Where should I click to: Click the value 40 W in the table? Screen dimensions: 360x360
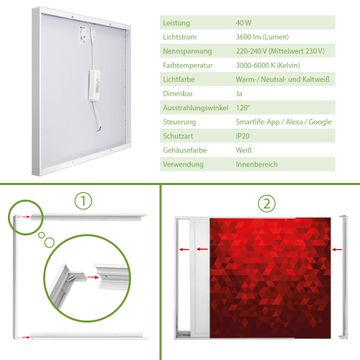tap(244, 23)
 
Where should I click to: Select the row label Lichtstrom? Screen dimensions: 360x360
tap(180, 37)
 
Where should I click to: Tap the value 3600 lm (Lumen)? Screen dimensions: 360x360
tap(262, 37)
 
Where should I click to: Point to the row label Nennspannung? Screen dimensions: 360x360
tap(187, 51)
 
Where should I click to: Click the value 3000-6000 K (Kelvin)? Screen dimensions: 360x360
tap(268, 65)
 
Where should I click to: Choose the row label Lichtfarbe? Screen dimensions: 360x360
tap(179, 80)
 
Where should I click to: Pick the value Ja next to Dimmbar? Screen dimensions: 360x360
tap(239, 94)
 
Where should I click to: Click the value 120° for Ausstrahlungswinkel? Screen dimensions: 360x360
tap(243, 108)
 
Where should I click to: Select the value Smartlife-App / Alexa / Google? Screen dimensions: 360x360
tap(284, 122)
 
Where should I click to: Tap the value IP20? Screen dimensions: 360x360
tap(243, 136)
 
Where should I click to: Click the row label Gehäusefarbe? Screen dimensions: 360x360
tap(185, 150)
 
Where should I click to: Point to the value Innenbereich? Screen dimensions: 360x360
tap(257, 164)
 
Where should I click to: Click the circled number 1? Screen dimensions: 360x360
tap(83, 201)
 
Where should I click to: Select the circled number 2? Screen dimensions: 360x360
tap(266, 204)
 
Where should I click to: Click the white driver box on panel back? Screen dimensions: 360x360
tap(94, 85)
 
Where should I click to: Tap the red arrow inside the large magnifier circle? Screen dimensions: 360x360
tap(94, 277)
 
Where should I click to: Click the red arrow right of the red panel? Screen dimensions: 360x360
tap(337, 249)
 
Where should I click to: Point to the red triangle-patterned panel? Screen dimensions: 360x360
tap(270, 278)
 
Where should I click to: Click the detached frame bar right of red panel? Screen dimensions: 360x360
tap(343, 277)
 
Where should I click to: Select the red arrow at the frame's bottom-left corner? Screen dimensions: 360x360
tap(24, 337)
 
